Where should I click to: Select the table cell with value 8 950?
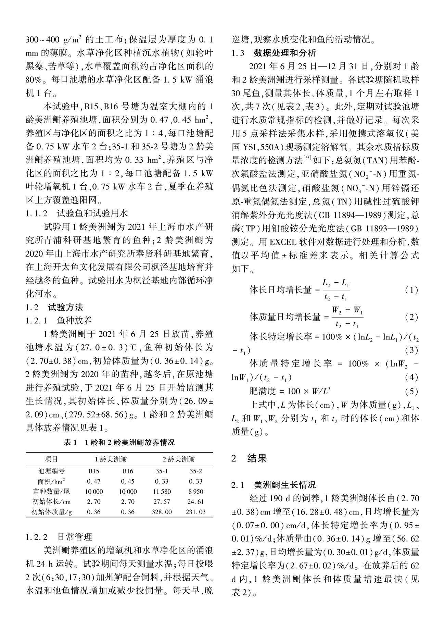coord(195,491)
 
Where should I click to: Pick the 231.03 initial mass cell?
coord(195,512)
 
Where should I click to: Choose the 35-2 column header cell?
coord(195,471)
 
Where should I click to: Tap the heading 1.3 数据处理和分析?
coord(274,53)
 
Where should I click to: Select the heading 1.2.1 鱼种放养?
coord(59,321)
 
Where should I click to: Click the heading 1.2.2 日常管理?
coord(59,536)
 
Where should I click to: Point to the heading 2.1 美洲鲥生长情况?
coord(274,485)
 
